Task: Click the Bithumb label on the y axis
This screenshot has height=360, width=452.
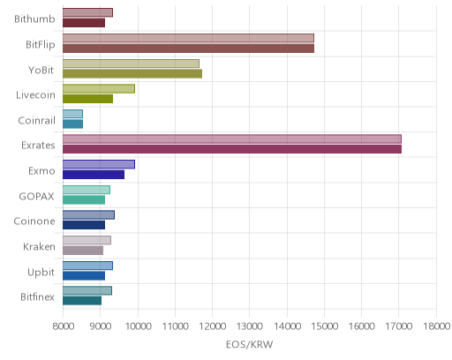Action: coord(34,19)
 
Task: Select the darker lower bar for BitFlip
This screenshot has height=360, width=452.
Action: coord(188,49)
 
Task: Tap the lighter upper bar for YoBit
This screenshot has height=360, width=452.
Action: coord(131,64)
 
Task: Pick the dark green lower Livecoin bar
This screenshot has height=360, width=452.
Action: coord(87,99)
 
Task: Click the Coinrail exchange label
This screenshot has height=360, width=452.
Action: coord(36,120)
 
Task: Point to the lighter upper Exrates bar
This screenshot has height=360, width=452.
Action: coord(232,139)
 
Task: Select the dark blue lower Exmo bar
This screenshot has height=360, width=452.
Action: coord(94,175)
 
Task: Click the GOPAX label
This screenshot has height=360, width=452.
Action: coord(36,196)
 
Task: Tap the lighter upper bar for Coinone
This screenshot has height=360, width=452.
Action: coord(88,215)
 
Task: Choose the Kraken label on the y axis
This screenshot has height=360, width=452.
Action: coord(39,246)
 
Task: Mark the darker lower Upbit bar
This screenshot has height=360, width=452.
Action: coord(84,275)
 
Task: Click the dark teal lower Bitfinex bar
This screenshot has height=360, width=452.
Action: coord(82,301)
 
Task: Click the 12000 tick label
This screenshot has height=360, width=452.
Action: coord(212,326)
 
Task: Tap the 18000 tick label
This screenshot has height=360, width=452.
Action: coord(437,326)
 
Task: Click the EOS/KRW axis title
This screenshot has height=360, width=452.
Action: coord(249,344)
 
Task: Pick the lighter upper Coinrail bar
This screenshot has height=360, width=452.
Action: coord(72,114)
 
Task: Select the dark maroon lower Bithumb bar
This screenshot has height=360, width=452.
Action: coord(84,23)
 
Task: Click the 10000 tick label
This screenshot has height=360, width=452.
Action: coord(138,326)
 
